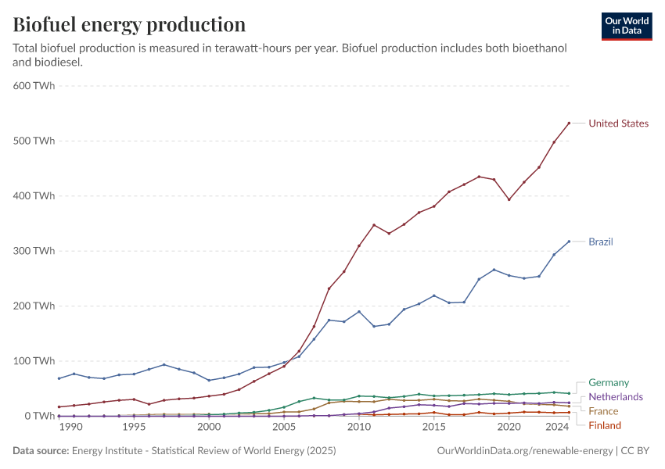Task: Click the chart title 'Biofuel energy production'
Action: (129, 24)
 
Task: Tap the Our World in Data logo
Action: (626, 26)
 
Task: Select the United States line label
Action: (618, 124)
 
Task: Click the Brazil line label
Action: (600, 242)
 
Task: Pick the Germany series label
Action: (608, 382)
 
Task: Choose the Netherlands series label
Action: (615, 396)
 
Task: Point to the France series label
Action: (603, 411)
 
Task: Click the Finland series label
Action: (605, 425)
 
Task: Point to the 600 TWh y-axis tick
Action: (34, 86)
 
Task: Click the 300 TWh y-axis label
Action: (34, 251)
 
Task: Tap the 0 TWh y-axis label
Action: (38, 416)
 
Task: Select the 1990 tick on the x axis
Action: (70, 428)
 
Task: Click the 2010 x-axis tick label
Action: (359, 428)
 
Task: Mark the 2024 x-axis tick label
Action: (556, 428)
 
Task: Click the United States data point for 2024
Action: (569, 123)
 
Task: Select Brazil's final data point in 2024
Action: (569, 242)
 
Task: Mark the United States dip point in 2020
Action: (509, 199)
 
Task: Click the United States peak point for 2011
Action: (374, 225)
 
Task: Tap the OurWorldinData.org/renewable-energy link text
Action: (523, 451)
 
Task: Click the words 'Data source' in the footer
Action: (40, 451)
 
